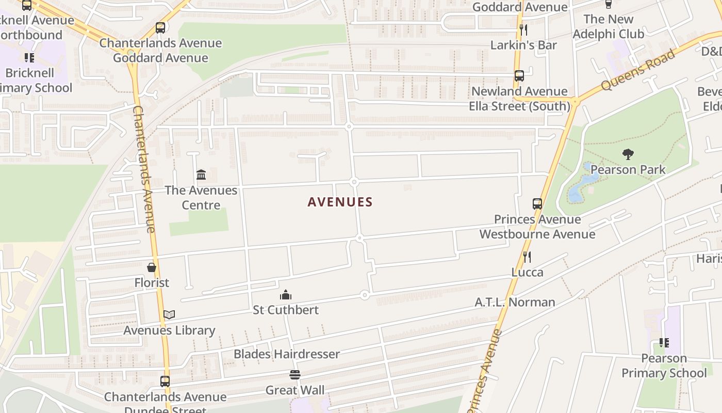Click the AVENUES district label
(340, 202)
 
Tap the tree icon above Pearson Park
(628, 154)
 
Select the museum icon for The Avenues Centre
(201, 174)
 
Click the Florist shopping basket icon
(152, 267)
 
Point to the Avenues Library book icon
(169, 314)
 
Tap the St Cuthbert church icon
(286, 295)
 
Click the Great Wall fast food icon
(295, 374)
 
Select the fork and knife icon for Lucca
(527, 257)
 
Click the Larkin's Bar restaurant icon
(523, 29)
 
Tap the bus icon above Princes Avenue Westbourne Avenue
(537, 203)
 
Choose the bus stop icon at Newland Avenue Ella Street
(519, 76)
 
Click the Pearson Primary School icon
(664, 342)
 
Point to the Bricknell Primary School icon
(29, 57)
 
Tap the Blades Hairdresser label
(287, 354)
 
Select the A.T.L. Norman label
(515, 302)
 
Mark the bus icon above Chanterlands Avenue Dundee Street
(165, 382)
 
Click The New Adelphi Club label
(609, 26)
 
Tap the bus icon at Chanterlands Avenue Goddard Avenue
(160, 28)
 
